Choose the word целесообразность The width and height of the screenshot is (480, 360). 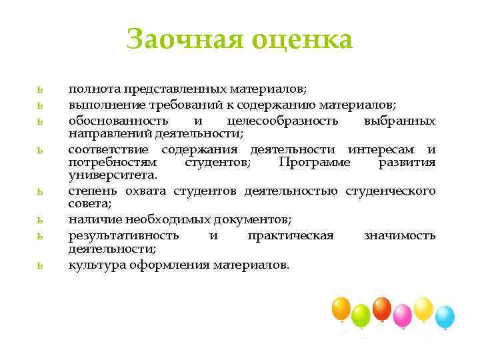282,121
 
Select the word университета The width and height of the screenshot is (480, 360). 112,175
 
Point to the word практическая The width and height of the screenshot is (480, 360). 290,235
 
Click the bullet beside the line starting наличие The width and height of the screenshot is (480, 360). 41,220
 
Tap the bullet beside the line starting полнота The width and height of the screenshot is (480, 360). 41,89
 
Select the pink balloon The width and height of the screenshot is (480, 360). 402,313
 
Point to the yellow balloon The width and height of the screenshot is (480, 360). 423,308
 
